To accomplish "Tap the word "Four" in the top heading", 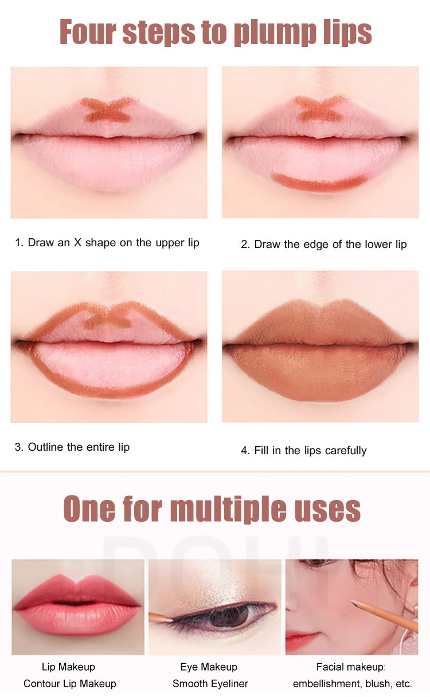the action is coord(88,31).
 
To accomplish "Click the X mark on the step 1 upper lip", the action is coord(108,109).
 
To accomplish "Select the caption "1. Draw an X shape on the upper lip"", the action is coord(107,243).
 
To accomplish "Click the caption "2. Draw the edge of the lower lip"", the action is coord(324,244).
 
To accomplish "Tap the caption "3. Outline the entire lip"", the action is coord(72,447).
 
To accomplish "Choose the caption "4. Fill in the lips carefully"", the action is coord(304,451).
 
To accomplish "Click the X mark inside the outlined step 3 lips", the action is coord(108,319).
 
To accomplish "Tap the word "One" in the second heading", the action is coord(89,509).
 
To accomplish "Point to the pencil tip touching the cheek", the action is coord(353,601).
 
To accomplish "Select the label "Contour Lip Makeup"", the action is coord(70,684).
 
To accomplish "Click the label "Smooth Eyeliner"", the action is coord(210,684).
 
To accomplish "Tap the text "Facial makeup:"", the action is coord(351,667).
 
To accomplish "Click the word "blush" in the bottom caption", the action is coord(378,684).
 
